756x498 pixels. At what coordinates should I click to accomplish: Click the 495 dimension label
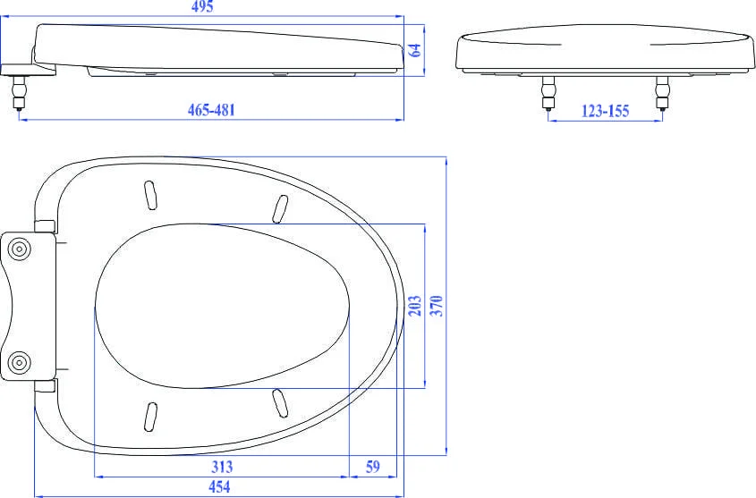(202, 7)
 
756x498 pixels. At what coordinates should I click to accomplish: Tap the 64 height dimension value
(415, 50)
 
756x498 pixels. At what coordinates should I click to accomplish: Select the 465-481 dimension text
(212, 110)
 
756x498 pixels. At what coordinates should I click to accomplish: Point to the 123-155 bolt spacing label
(605, 111)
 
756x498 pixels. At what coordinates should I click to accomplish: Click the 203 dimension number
(415, 306)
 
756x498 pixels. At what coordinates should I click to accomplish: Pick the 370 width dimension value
(437, 306)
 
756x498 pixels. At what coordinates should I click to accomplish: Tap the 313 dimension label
(222, 467)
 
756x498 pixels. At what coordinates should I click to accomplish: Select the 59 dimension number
(373, 467)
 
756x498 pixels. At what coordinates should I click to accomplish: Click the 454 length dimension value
(219, 486)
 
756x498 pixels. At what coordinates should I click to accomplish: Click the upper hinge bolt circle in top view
(20, 249)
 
